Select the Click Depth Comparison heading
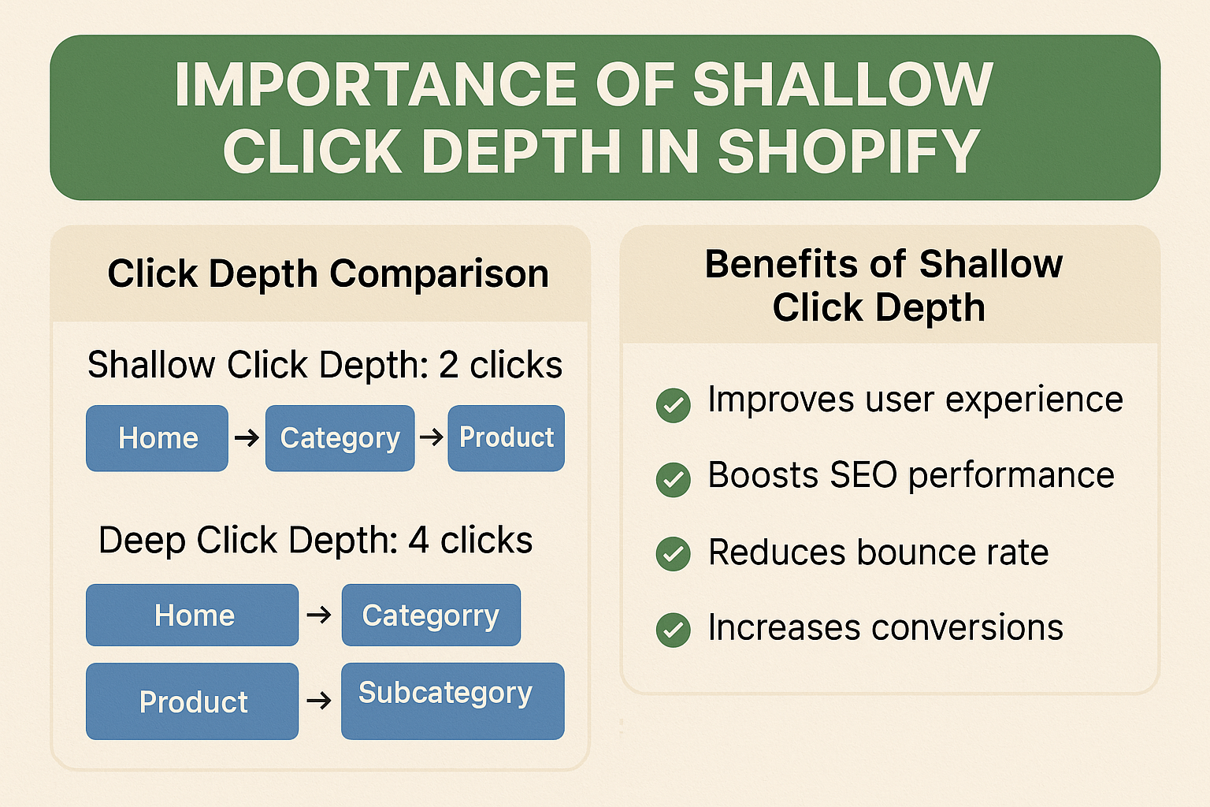tap(328, 273)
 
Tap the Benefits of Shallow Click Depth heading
tap(883, 285)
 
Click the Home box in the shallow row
tap(157, 438)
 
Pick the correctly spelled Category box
tap(340, 438)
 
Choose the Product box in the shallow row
tap(506, 438)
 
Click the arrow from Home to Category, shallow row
tap(247, 437)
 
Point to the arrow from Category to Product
tap(431, 437)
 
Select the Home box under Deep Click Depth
tap(192, 615)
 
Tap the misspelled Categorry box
tap(430, 615)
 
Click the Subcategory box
tap(452, 700)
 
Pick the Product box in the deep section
tap(192, 701)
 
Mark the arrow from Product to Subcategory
tap(319, 700)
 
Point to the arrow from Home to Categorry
tap(319, 614)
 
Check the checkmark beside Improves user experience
tap(673, 405)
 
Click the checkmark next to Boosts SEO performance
tap(673, 479)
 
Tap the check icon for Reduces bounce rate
tap(673, 554)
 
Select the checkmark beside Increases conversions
tap(673, 630)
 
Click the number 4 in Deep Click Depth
tap(418, 541)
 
